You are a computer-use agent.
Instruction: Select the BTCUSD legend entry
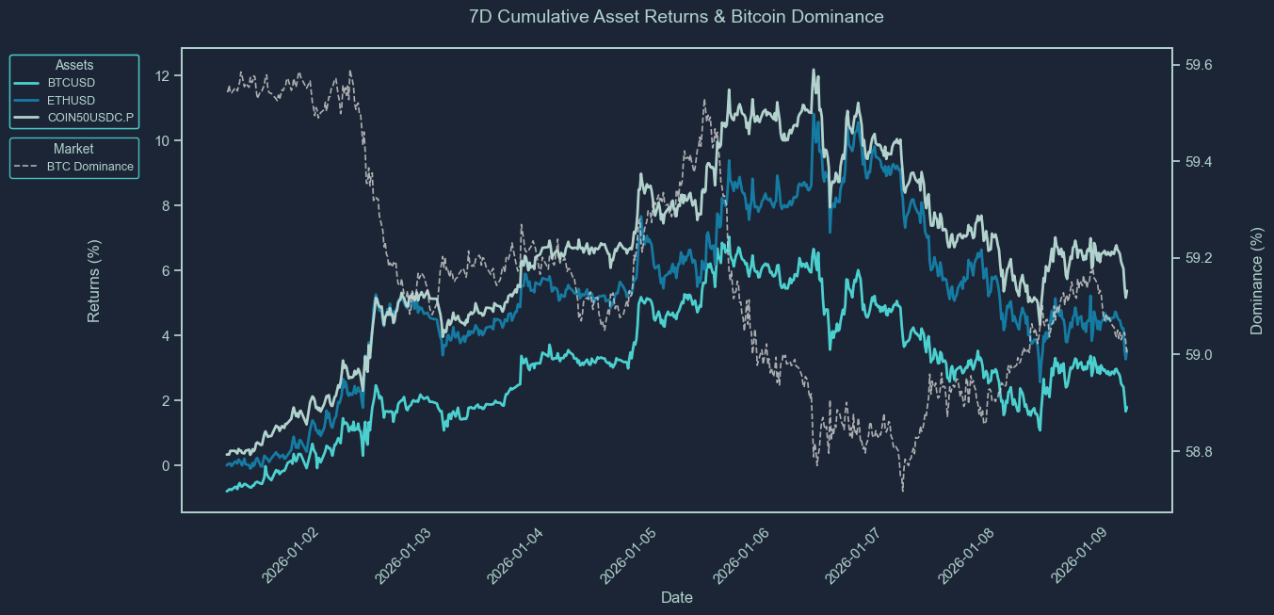coord(71,83)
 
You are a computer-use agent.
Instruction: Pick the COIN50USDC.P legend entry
coord(89,118)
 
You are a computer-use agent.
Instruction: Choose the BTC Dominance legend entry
coord(89,167)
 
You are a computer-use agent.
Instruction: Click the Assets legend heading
coord(74,65)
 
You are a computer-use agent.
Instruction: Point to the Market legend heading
coord(73,149)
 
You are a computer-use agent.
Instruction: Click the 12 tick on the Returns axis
coord(163,76)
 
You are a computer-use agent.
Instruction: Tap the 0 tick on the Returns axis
coord(167,466)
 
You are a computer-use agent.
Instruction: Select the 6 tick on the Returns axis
coord(167,271)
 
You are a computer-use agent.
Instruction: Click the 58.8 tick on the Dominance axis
coord(1198,453)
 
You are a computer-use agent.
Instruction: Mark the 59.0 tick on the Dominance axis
coord(1198,356)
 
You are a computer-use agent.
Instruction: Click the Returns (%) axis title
coord(94,281)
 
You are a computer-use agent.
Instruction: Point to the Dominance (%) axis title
coord(1256,281)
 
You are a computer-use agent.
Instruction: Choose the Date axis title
coord(677,597)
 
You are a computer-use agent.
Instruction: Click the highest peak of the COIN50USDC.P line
coord(814,70)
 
